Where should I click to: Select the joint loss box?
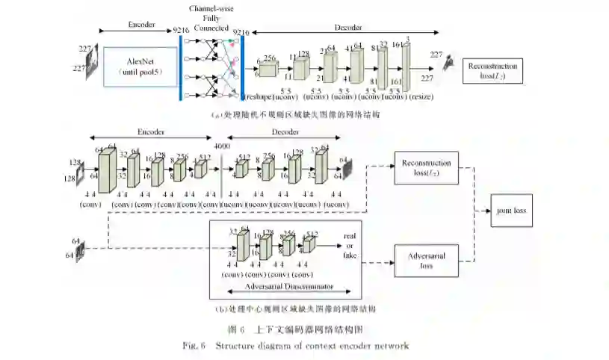pos(512,211)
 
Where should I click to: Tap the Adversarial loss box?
pos(427,260)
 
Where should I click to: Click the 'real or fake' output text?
pos(350,246)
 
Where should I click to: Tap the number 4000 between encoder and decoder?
pos(222,147)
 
